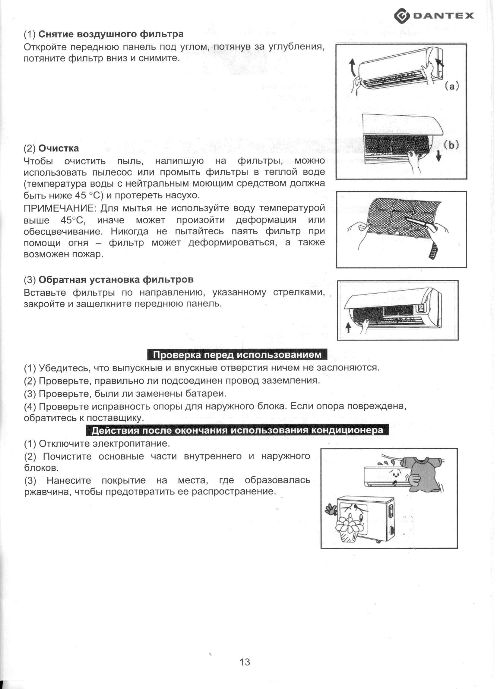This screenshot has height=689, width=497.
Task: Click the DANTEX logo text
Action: point(443,15)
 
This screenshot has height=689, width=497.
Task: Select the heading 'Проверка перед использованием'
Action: point(237,355)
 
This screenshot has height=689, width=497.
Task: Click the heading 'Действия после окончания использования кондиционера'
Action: point(237,430)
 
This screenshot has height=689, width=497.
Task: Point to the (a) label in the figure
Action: point(452,86)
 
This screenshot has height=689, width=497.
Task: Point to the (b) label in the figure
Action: point(451,145)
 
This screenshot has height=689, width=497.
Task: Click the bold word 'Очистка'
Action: point(59,148)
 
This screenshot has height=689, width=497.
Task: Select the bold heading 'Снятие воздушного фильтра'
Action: point(111,34)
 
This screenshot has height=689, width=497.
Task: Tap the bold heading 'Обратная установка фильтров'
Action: point(116,279)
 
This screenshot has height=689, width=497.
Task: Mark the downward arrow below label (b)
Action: point(438,157)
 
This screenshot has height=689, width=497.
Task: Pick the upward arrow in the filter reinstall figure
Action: point(349,328)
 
